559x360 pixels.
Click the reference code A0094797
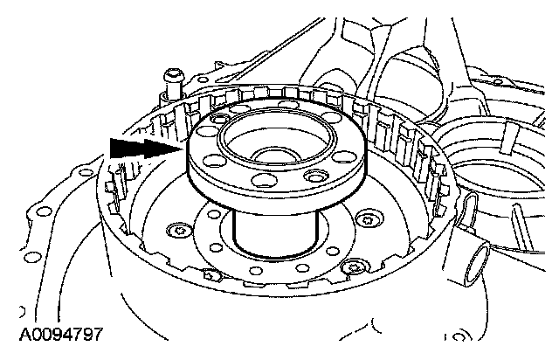tap(61, 335)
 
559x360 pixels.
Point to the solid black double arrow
tap(146, 149)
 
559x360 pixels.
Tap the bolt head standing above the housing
tap(174, 76)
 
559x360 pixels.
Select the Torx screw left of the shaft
tap(178, 231)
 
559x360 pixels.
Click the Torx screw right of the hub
tap(369, 218)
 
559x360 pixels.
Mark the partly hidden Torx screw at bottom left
tap(210, 275)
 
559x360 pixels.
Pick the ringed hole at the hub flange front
tap(316, 176)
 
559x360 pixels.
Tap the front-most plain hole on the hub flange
tap(265, 180)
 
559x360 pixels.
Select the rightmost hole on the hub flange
tap(344, 156)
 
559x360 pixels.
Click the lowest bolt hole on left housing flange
tap(33, 257)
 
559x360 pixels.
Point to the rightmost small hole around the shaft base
tap(333, 251)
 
